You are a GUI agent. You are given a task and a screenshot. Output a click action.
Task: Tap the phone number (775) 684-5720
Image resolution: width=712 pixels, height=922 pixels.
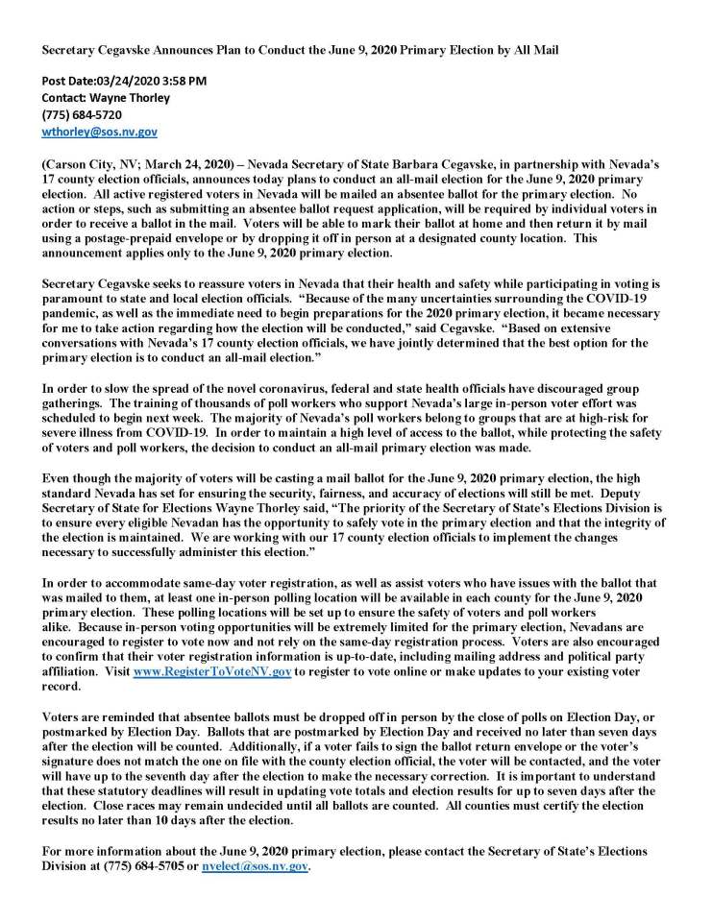82,114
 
